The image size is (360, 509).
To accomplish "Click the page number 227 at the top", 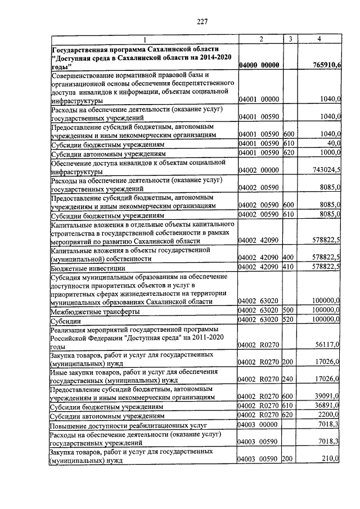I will click(202, 22).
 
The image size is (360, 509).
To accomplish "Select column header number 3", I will click(289, 39).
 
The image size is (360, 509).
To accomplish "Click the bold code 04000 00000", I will click(259, 66).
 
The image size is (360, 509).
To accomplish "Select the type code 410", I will click(289, 268).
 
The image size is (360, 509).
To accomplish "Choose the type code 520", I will click(289, 320).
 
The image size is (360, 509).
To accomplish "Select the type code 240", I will click(289, 380).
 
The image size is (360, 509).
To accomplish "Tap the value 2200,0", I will click(328, 415).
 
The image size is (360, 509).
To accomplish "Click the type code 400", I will click(289, 258).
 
